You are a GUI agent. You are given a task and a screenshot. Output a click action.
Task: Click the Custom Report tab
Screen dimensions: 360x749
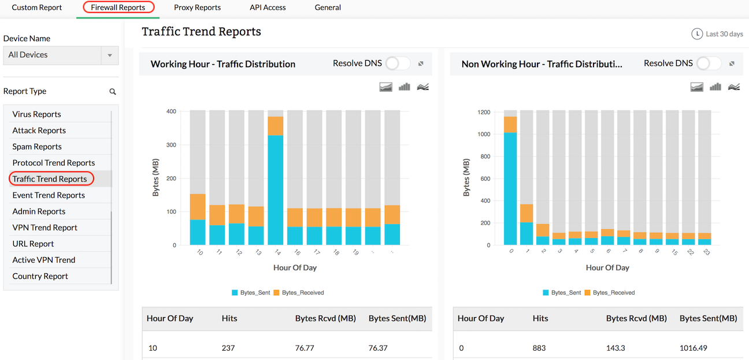[37, 8]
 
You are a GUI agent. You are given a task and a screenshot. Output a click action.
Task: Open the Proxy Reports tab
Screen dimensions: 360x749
[197, 8]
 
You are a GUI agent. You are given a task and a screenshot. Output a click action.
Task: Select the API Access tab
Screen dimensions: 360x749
[268, 8]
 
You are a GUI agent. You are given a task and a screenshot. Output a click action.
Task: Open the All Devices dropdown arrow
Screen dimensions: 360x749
[109, 55]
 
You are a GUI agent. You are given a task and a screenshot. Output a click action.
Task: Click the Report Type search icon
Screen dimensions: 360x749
[113, 91]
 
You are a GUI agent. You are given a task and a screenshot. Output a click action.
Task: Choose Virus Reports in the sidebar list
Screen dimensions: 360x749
[37, 114]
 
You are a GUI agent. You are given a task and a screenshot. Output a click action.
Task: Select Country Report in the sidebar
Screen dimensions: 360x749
[40, 276]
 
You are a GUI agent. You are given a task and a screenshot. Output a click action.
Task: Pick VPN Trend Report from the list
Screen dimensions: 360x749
[45, 228]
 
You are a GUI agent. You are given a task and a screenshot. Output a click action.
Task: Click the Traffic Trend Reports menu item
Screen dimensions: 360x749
[50, 179]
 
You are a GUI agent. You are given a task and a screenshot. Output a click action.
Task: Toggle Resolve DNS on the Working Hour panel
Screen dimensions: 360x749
[398, 64]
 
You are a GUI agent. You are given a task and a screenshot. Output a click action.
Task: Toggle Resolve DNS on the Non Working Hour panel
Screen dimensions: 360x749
[709, 64]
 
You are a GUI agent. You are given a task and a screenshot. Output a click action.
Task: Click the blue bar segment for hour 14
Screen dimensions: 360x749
[275, 191]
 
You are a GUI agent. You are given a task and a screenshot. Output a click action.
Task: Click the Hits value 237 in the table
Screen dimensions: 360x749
[229, 348]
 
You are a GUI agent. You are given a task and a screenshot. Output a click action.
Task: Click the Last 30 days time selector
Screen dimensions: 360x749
[717, 34]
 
